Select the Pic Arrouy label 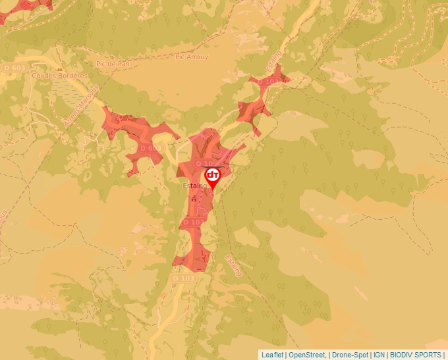click(x=192, y=57)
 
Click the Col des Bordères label click(x=60, y=76)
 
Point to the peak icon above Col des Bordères click(x=59, y=68)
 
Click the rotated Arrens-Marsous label click(x=82, y=105)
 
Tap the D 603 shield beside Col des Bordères click(x=14, y=68)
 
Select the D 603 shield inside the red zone click(x=151, y=149)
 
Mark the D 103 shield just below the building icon click(x=190, y=222)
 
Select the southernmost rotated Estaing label click(x=234, y=265)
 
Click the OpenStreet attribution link click(x=308, y=355)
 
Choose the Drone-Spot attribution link click(x=350, y=355)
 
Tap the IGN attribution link click(x=379, y=355)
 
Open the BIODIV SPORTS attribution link click(x=416, y=355)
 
